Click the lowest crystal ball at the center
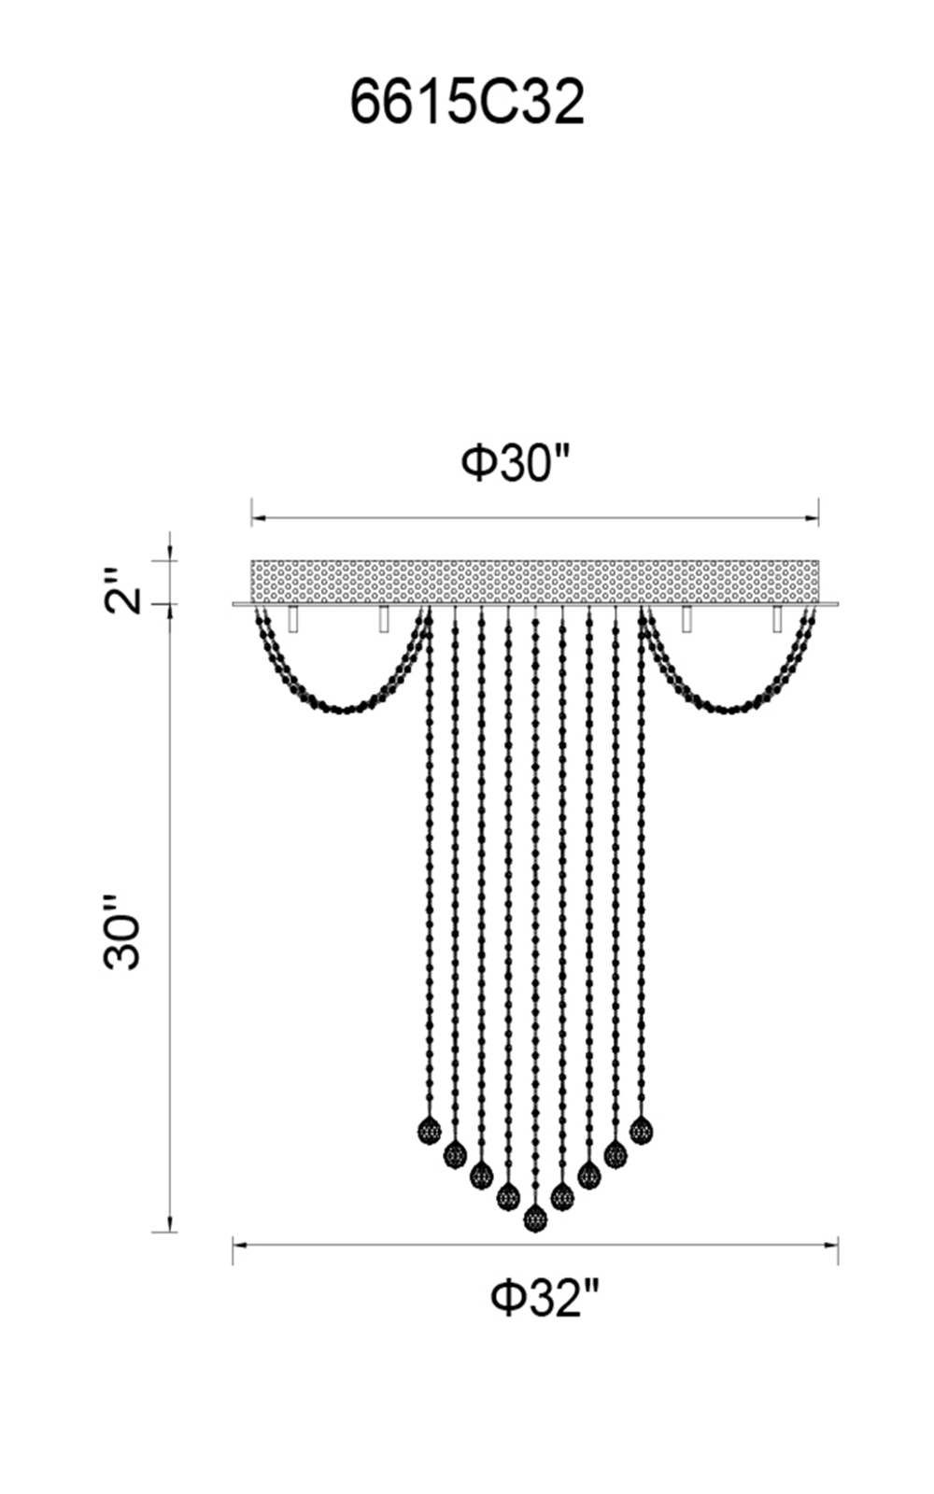[535, 1219]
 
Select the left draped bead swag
[342, 709]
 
